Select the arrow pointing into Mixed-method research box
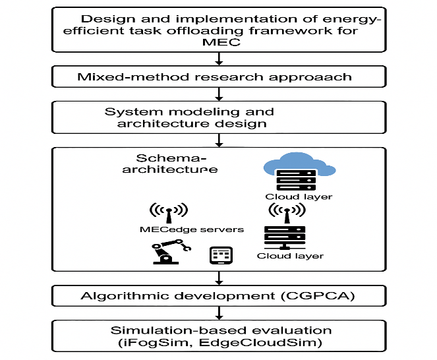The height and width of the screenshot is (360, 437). coord(218,60)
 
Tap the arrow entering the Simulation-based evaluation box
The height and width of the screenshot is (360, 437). coord(218,313)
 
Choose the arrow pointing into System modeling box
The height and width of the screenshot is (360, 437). coord(218,95)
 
